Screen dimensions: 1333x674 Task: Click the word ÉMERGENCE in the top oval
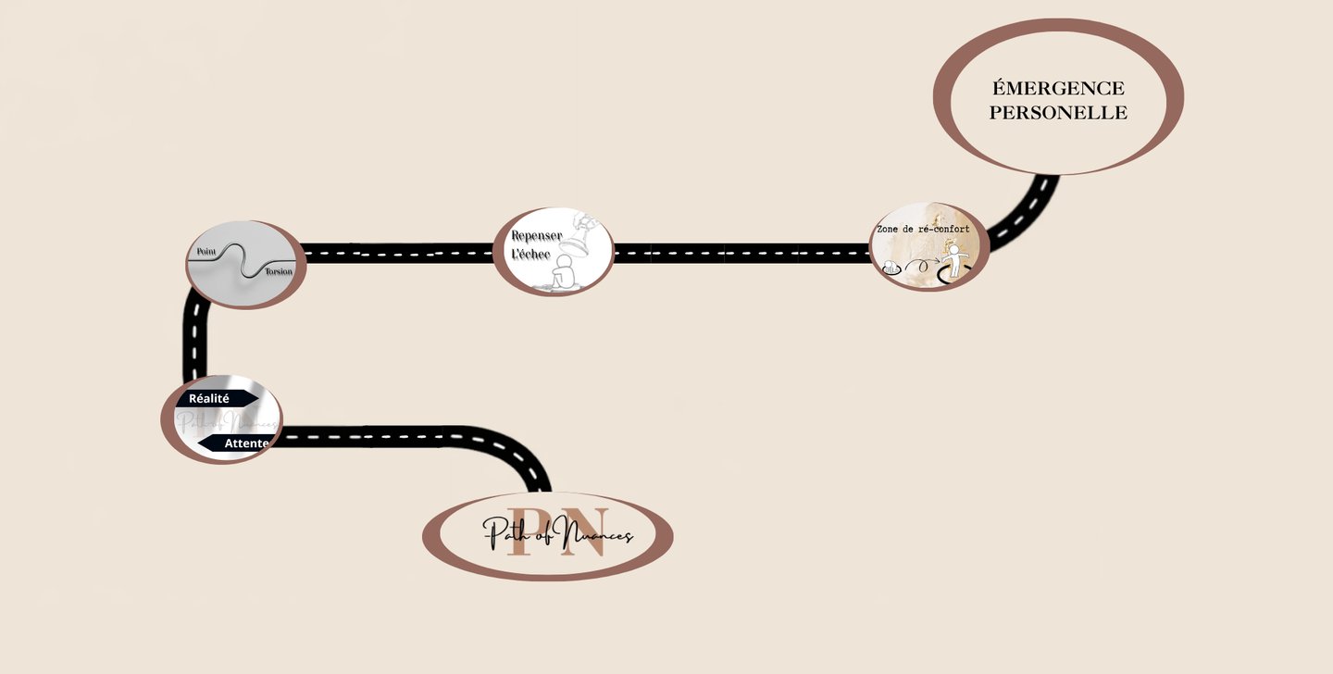[1058, 89]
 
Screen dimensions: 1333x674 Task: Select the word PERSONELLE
[1058, 113]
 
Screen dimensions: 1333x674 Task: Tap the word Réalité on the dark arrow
[209, 398]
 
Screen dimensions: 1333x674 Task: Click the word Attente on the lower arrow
[246, 443]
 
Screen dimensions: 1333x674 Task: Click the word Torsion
[279, 271]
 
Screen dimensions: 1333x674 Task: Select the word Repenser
[537, 236]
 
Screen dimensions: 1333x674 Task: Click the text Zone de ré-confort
[923, 229]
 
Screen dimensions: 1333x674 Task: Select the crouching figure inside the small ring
[890, 268]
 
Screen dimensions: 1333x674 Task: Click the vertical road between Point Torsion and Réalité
[194, 343]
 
